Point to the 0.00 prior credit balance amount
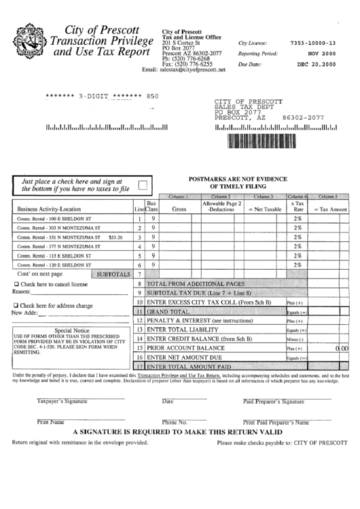pos(342,347)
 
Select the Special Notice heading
pos(71,330)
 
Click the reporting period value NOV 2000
pos(321,53)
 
